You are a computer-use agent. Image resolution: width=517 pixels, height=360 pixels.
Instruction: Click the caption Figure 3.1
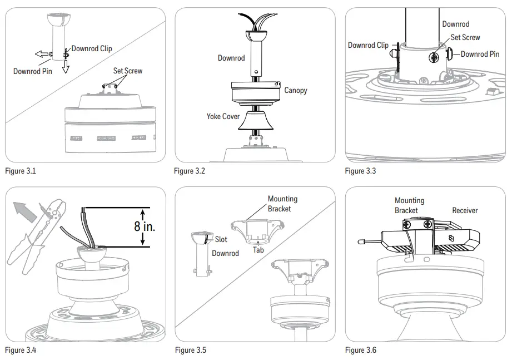(20, 171)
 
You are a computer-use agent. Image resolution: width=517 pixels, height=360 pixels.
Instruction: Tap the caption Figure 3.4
(20, 350)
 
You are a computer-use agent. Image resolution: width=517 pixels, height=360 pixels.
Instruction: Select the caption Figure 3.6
(360, 350)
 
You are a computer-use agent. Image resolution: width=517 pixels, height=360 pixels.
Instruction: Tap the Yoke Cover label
(223, 116)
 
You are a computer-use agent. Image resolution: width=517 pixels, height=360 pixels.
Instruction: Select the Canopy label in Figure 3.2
(295, 90)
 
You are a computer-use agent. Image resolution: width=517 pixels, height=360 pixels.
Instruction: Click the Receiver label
(465, 210)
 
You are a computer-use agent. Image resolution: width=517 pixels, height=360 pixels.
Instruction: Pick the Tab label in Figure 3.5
(258, 250)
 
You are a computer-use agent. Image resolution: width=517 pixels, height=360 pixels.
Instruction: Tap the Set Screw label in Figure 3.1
(127, 71)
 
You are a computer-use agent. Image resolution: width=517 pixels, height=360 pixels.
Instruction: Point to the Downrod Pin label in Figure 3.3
(480, 54)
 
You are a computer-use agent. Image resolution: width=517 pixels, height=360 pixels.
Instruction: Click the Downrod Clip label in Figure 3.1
(92, 48)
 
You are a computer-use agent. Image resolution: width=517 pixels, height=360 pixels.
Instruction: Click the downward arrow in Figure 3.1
(66, 67)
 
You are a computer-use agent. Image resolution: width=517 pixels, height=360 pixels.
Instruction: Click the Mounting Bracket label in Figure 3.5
(282, 203)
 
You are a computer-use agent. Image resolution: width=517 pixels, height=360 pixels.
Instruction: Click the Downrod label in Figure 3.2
(231, 58)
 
